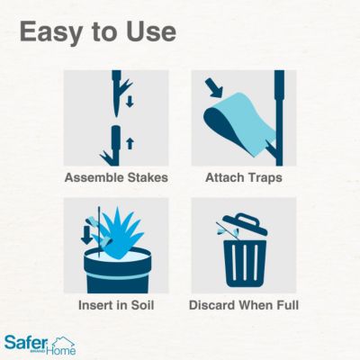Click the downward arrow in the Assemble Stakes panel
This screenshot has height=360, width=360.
pos(129,102)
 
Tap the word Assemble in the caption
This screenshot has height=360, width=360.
pos(92,177)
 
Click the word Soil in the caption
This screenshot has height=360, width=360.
pos(139,305)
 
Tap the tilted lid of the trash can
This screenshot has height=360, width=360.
pos(244,226)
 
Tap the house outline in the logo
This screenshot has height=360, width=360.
pos(62,343)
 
